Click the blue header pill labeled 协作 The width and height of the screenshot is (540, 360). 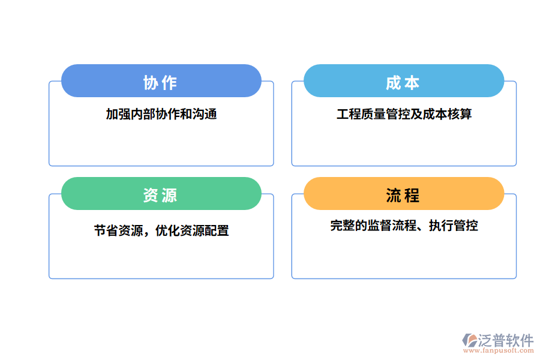point(161,81)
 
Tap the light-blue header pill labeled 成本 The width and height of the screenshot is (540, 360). point(403,81)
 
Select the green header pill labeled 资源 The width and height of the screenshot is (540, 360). point(161,194)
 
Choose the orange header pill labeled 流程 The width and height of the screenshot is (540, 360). point(403,194)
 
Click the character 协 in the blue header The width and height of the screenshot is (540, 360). point(151,82)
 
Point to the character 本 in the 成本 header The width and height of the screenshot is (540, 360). point(412,82)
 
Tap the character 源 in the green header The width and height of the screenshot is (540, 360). point(170,195)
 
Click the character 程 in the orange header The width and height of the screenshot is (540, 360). point(412,195)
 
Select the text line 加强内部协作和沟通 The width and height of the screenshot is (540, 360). point(161,114)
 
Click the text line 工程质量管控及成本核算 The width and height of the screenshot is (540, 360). point(404,114)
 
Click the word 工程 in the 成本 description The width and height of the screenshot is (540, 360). point(349,114)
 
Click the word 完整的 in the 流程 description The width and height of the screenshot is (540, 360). point(349,226)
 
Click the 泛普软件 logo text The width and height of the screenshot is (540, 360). point(505,340)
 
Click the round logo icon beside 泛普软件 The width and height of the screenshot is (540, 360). point(469,340)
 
